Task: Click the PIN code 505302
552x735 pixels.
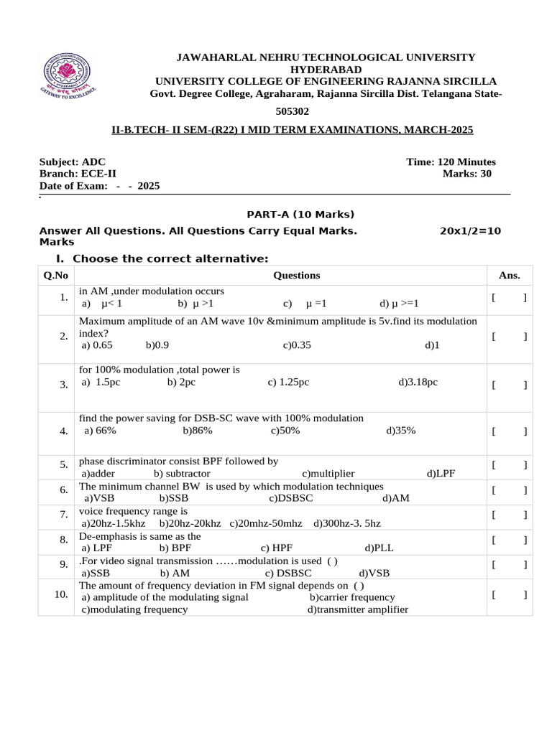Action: pos(293,112)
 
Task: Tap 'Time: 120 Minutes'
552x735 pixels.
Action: pos(451,162)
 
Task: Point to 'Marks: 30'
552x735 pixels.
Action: pos(467,174)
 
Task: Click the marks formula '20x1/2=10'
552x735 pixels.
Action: pos(470,231)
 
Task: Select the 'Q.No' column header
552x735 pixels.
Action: pos(55,276)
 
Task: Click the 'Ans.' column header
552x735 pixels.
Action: pos(509,276)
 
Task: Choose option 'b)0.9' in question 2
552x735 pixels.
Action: pos(157,345)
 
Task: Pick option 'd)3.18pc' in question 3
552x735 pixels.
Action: pos(418,382)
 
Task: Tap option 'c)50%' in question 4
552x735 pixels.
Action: pos(285,431)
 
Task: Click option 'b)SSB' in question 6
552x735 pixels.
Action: pos(174,498)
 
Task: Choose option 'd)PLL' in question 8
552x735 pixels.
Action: pos(379,548)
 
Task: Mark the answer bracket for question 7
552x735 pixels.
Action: pos(509,514)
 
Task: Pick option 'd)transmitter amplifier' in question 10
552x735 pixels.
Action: pos(358,609)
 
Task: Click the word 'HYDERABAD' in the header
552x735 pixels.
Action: pos(316,69)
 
